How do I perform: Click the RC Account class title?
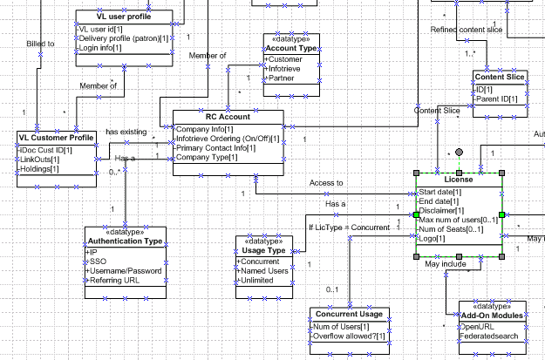click(x=227, y=116)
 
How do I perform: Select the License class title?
click(x=458, y=180)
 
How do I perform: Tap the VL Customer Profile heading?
click(x=57, y=138)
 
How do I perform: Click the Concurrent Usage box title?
click(x=347, y=314)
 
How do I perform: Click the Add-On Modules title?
click(x=492, y=315)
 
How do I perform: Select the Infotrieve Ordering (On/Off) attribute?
click(x=228, y=139)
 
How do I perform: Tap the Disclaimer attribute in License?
click(x=442, y=211)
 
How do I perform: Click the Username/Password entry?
click(x=125, y=271)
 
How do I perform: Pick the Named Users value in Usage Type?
click(x=264, y=271)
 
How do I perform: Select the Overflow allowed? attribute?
click(x=350, y=336)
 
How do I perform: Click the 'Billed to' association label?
click(x=40, y=44)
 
